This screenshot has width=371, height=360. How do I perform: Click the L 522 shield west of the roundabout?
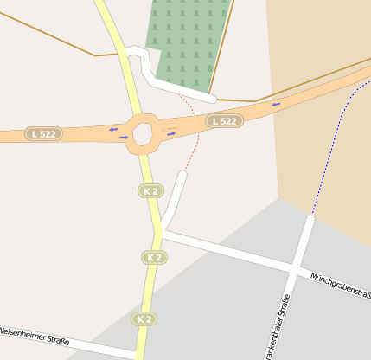[x=44, y=134]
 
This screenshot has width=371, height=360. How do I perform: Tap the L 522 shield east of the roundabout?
[x=223, y=121]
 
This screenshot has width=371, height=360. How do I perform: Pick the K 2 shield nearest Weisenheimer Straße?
[x=144, y=319]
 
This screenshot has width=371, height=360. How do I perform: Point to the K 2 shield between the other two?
[x=155, y=257]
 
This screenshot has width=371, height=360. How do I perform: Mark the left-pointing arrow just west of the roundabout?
[x=113, y=129]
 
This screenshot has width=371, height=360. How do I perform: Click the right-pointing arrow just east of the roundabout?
[x=170, y=133]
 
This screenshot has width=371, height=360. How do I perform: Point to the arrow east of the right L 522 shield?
[x=277, y=105]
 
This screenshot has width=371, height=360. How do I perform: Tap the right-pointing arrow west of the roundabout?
[x=124, y=137]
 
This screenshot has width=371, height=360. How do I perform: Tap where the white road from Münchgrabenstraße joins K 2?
[x=162, y=231]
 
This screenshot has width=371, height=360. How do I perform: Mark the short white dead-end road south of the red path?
[x=174, y=199]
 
